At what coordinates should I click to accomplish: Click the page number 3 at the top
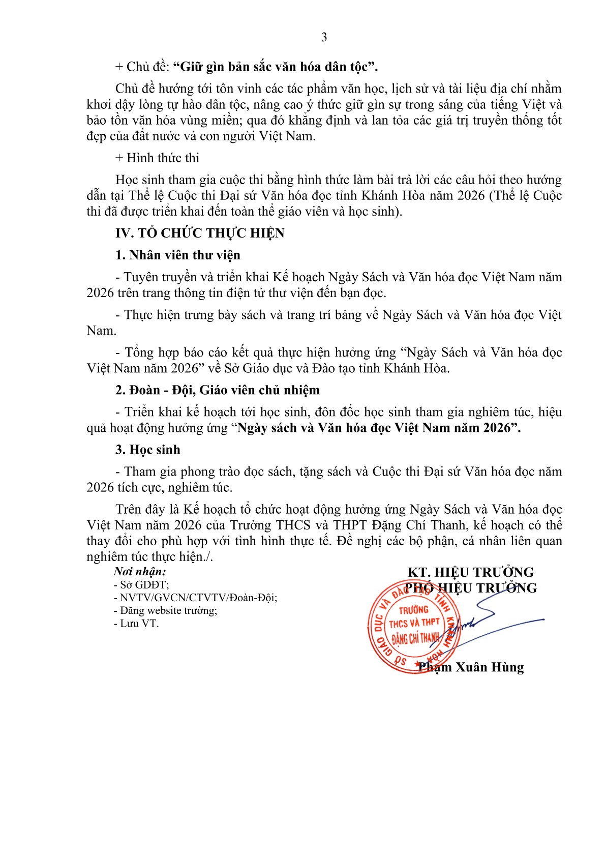click(x=324, y=37)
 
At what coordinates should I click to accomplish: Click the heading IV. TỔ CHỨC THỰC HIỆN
click(x=200, y=233)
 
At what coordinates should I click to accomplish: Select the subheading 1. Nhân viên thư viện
click(x=177, y=255)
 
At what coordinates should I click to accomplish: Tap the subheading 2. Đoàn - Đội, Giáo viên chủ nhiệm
click(x=217, y=390)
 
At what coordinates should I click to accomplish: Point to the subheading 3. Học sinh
click(x=147, y=450)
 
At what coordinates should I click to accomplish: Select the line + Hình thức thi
click(x=157, y=158)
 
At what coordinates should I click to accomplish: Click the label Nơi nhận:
click(x=140, y=571)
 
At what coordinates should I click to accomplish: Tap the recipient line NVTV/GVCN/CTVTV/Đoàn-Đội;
click(x=196, y=598)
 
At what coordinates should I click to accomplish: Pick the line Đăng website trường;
click(x=166, y=610)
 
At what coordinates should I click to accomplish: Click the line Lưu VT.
click(x=136, y=624)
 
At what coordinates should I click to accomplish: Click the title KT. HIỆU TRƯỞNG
click(x=470, y=572)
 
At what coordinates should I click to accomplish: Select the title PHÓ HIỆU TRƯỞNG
click(x=471, y=588)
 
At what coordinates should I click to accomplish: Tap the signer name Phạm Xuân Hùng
click(x=471, y=667)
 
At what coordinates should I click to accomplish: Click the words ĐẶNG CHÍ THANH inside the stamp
click(x=415, y=637)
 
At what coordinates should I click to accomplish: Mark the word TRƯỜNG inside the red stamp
click(x=413, y=610)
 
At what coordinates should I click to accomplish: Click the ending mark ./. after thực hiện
click(x=208, y=557)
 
